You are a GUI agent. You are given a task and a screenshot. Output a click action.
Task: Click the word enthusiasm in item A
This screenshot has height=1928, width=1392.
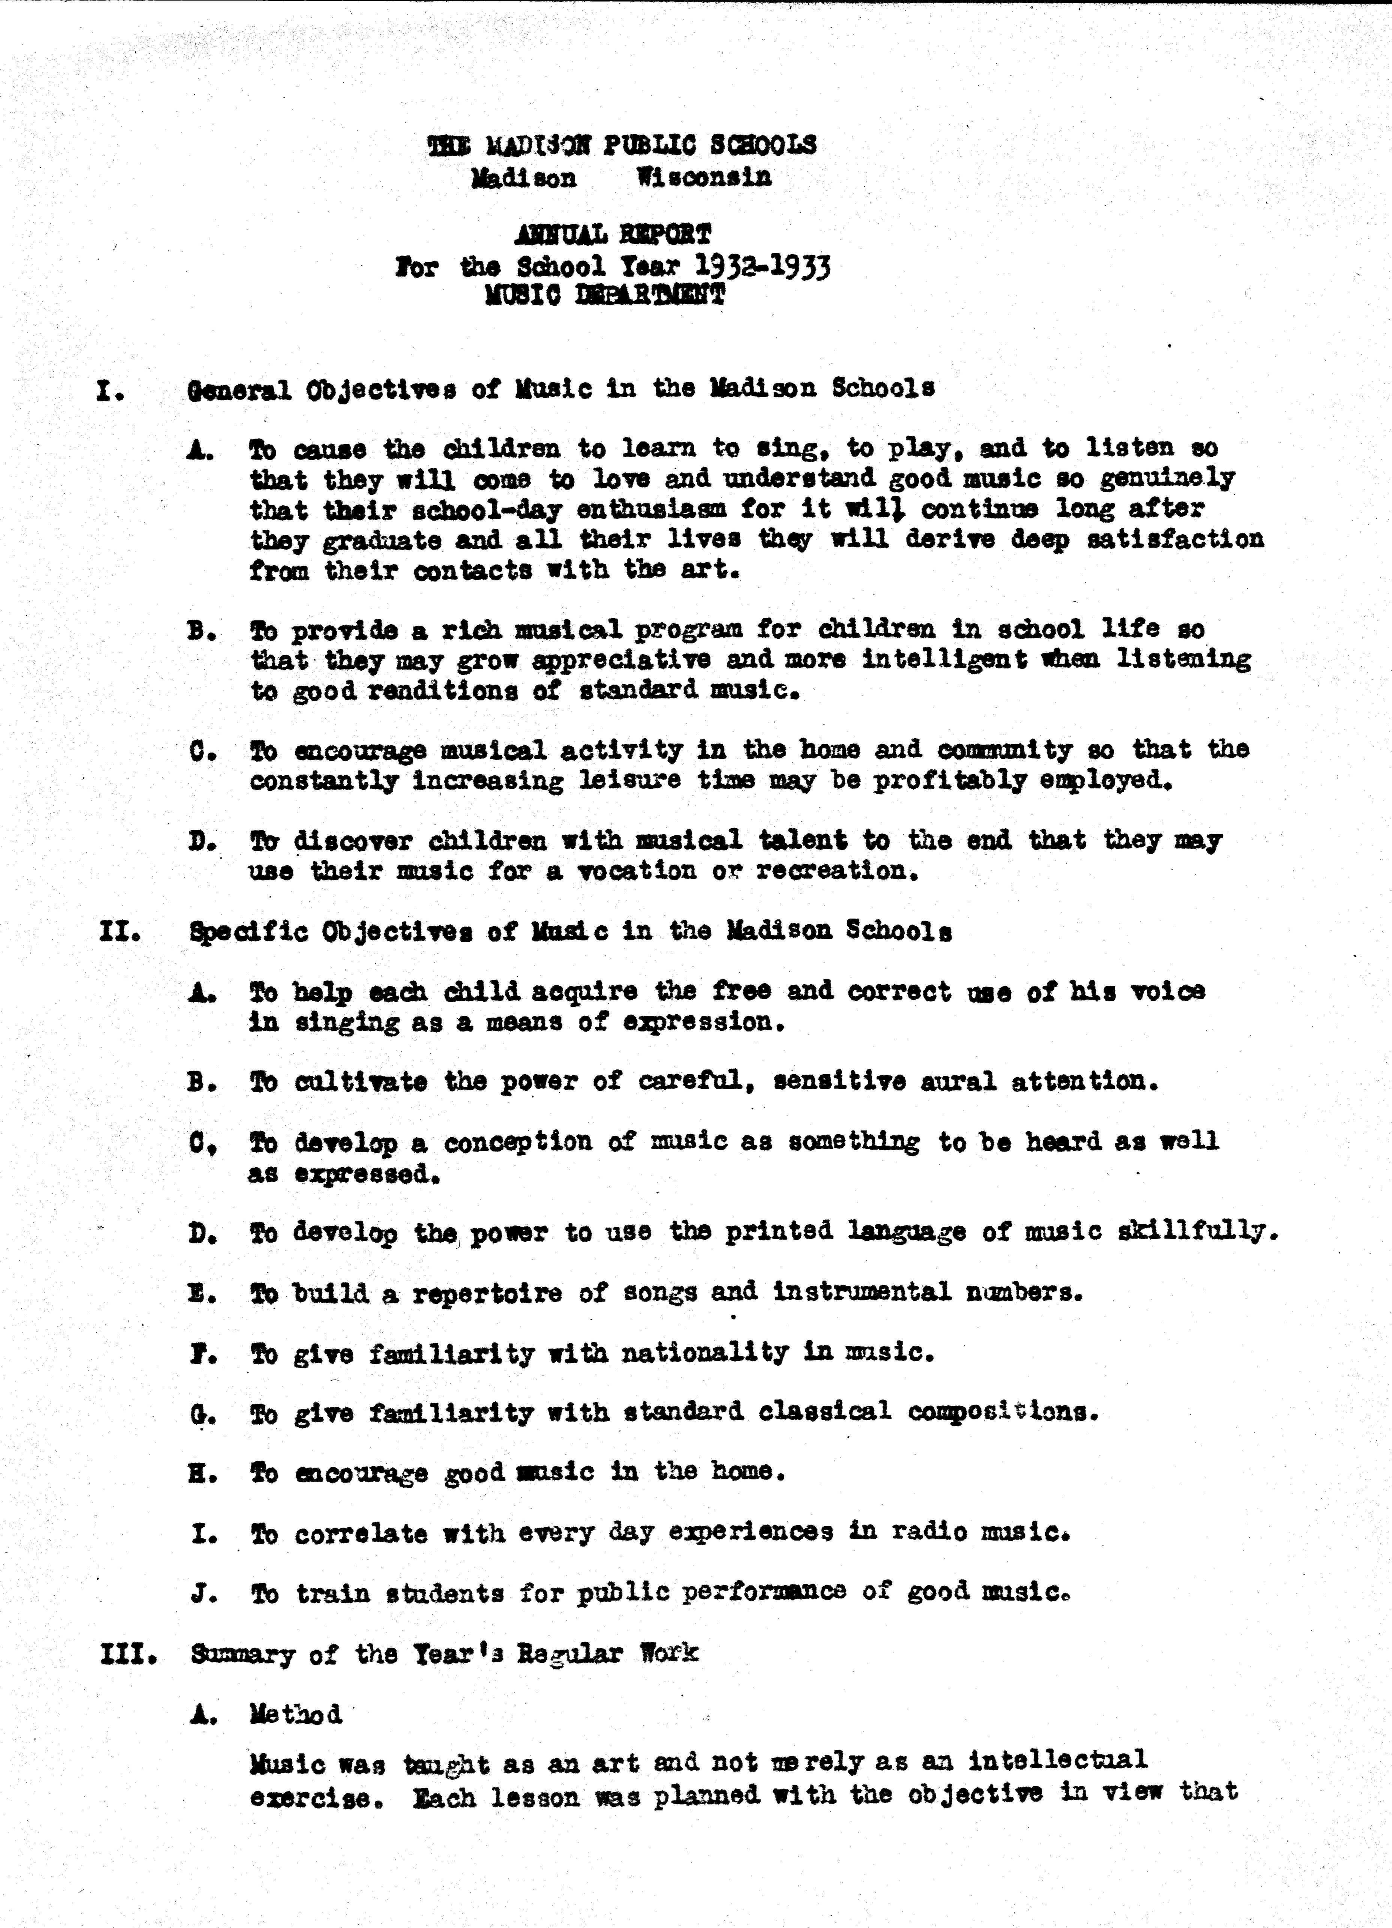click(651, 510)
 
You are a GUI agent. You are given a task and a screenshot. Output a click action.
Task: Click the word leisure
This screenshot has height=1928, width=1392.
click(630, 780)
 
